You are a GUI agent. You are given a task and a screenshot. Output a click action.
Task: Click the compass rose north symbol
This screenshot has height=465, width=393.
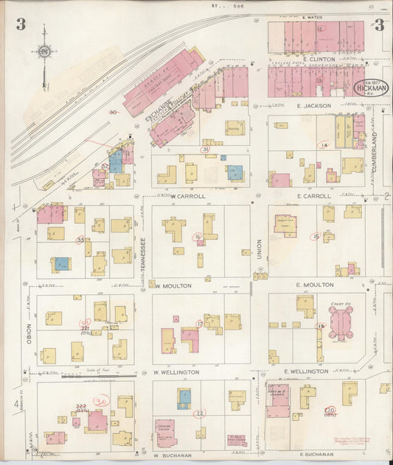pos(44,52)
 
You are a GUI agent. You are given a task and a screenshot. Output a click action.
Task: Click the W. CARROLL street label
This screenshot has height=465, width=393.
pos(170,196)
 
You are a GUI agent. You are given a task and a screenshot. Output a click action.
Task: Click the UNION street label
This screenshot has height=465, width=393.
pos(259,253)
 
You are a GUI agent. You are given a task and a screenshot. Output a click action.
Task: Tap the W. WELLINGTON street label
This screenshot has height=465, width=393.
pos(176,372)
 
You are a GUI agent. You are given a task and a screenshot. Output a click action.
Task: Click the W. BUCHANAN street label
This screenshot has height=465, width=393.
pos(173,455)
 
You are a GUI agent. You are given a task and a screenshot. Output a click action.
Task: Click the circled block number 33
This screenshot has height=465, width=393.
pos(80,239)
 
